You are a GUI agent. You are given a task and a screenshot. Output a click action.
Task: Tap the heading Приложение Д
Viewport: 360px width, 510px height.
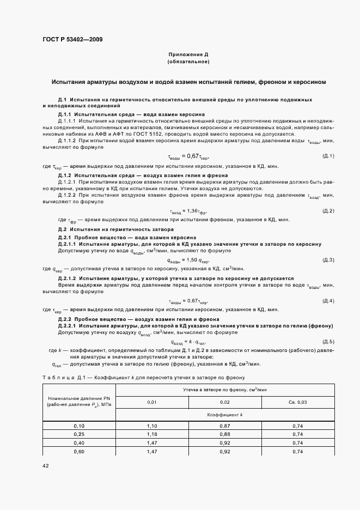[x=188, y=55]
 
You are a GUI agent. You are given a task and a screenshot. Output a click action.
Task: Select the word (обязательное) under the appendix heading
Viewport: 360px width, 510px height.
[x=188, y=63]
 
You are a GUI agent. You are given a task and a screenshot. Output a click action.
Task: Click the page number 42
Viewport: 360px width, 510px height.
[x=46, y=465]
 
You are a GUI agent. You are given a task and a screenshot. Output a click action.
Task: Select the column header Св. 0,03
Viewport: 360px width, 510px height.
[x=297, y=402]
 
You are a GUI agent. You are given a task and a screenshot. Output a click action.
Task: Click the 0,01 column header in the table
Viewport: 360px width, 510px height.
[x=152, y=402]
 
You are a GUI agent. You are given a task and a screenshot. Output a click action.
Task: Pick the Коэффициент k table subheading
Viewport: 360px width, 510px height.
[x=225, y=415]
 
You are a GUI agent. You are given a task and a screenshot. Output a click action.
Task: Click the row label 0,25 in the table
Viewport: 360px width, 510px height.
[x=79, y=434]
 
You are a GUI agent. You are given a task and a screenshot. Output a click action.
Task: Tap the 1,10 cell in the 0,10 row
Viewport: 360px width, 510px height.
[x=152, y=425]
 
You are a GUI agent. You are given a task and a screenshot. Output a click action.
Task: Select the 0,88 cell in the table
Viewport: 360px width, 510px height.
[x=225, y=434]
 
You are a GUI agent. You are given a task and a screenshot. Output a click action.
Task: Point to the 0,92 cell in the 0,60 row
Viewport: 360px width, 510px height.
[x=225, y=452]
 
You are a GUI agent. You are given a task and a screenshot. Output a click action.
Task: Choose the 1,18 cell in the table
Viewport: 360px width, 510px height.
[x=152, y=434]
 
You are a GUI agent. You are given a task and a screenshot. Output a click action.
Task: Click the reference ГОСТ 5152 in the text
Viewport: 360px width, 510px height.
[x=158, y=133]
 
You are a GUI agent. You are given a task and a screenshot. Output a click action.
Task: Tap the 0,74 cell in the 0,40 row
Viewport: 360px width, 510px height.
[x=297, y=443]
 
